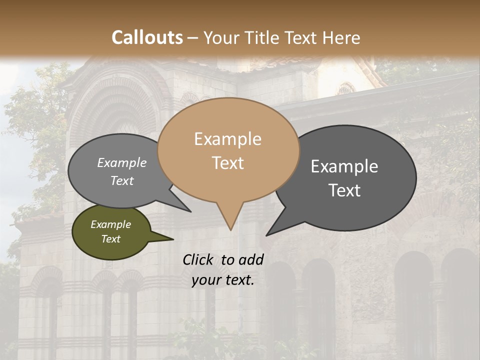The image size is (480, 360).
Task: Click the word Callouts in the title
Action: (147, 37)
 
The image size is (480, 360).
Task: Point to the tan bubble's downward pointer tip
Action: (230, 230)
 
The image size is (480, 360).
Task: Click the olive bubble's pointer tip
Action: (173, 239)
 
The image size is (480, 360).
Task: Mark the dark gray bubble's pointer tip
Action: (266, 235)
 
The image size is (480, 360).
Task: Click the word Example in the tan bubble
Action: (227, 139)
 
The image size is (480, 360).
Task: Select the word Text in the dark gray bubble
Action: (344, 190)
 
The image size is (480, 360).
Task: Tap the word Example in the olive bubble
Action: (110, 224)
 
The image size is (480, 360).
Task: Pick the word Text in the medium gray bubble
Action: (122, 180)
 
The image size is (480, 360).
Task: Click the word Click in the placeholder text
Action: (198, 259)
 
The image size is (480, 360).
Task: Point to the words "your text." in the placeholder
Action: (223, 280)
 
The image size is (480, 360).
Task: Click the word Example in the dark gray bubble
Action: (344, 166)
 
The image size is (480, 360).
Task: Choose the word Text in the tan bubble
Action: (228, 163)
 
